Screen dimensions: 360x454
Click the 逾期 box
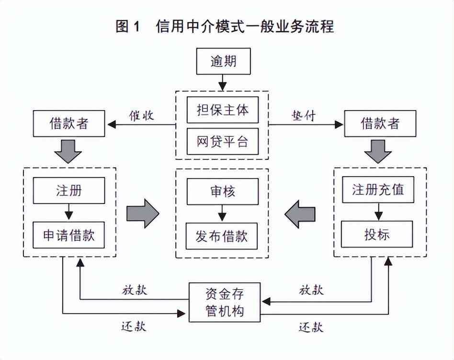[223, 62]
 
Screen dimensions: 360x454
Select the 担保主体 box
[223, 110]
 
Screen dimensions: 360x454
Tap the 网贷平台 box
[223, 142]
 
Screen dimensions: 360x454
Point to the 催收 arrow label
[141, 115]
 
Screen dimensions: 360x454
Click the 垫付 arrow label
[304, 115]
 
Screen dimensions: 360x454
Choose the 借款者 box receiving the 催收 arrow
[69, 124]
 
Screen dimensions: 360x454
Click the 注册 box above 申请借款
[69, 190]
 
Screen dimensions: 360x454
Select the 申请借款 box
[69, 235]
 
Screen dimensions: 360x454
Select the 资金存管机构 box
[225, 302]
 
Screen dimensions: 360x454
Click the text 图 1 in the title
[127, 26]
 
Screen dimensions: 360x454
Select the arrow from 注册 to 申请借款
[69, 212]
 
